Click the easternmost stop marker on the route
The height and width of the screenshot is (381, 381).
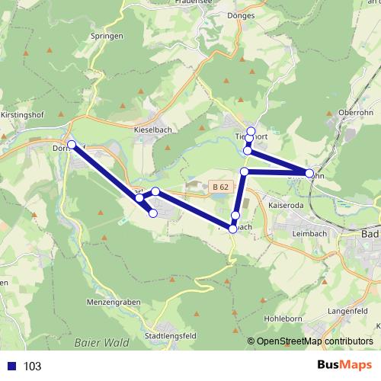tap(309, 174)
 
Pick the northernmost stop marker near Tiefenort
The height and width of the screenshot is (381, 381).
tap(251, 131)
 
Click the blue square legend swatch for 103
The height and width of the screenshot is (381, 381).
tap(11, 367)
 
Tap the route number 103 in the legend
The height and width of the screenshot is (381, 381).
tap(32, 367)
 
